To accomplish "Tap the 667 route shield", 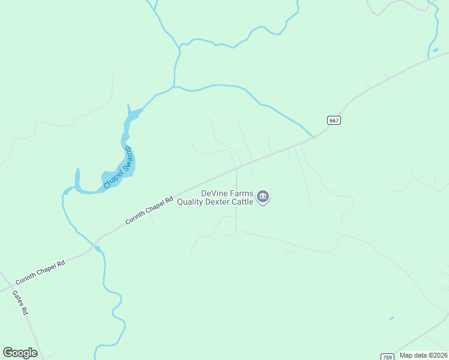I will coord(334,121).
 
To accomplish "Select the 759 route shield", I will coord(387,356).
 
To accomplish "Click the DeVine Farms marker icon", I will coord(263,197).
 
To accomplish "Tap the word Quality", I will coord(191,202).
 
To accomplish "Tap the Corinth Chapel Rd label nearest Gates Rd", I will coord(41,272).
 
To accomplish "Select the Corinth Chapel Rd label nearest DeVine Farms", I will coord(149,211).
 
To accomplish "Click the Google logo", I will coord(20,353).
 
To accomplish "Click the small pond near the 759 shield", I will coord(391,318).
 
